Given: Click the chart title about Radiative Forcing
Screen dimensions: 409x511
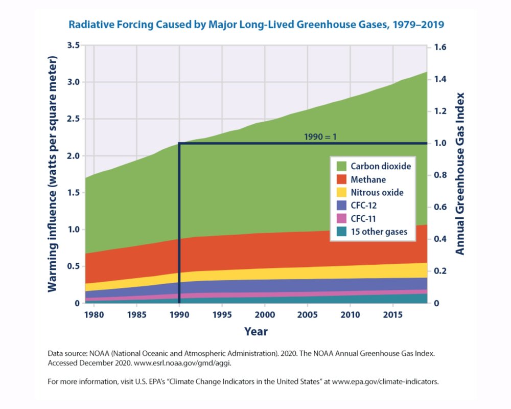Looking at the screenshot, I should [x=255, y=24].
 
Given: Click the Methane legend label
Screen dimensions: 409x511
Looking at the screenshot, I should [x=368, y=179].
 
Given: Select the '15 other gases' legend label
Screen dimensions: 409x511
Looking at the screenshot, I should [x=379, y=232].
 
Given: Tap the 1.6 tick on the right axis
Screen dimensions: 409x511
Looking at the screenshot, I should [x=440, y=48].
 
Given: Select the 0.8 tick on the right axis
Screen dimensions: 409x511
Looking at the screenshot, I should [x=440, y=175].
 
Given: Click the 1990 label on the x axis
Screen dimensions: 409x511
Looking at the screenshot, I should [x=179, y=313].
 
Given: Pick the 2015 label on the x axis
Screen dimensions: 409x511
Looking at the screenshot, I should [x=392, y=313].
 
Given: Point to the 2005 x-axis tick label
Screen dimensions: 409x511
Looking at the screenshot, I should [x=307, y=313].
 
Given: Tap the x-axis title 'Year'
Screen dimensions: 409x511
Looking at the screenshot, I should [x=255, y=331].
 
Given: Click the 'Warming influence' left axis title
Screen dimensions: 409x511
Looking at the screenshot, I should [x=53, y=174].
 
